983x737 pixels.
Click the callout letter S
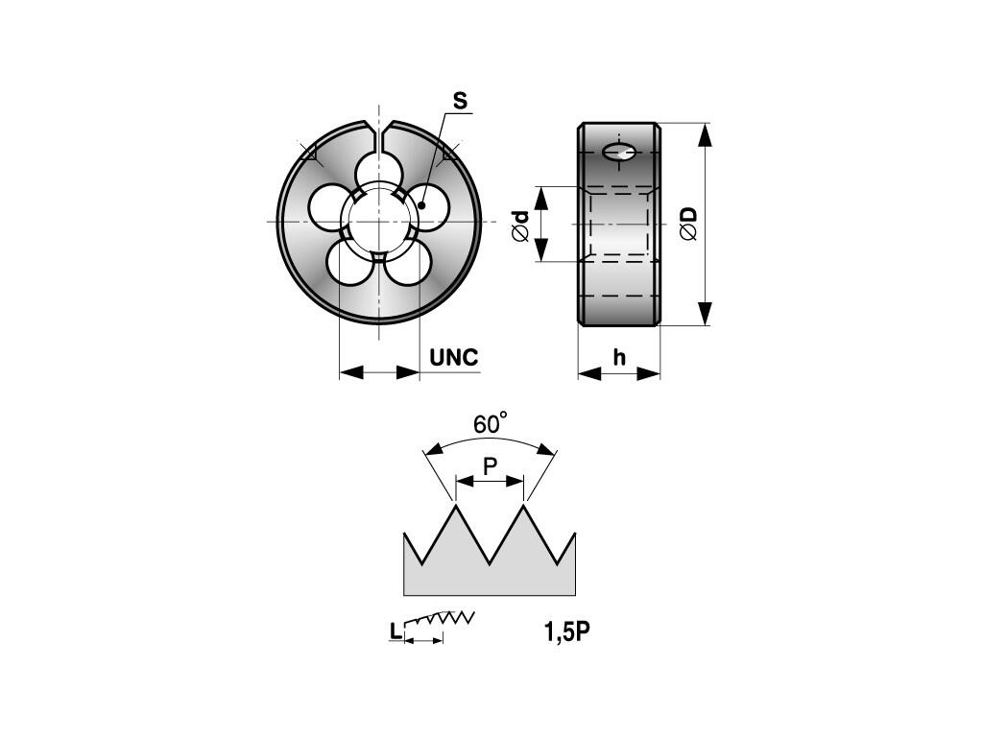(460, 101)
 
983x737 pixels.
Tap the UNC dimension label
(454, 357)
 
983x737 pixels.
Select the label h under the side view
(619, 357)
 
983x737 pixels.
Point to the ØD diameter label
(688, 223)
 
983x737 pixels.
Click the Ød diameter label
(521, 226)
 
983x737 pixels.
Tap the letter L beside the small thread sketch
(395, 631)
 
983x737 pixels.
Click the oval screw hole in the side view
(619, 152)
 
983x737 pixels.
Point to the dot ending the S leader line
(422, 205)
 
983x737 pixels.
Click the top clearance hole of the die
(378, 171)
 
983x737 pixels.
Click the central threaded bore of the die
(378, 222)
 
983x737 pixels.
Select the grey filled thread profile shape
(489, 567)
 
